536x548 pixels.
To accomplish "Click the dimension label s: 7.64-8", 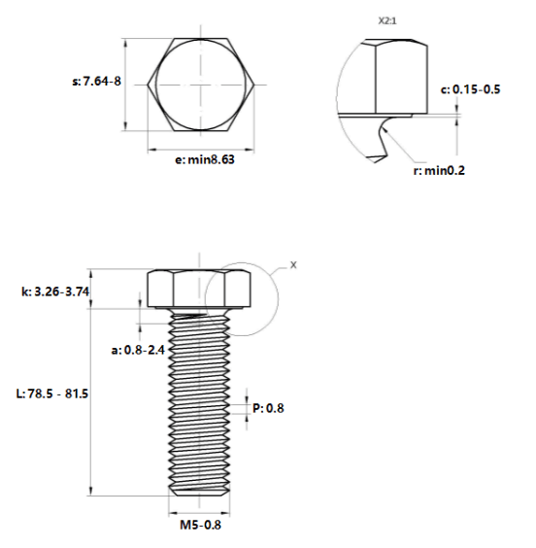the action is pos(97,82).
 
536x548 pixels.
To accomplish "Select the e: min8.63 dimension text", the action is pos(205,160).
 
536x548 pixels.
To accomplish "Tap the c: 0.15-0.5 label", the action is pos(470,89).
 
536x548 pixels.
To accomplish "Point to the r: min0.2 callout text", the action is pos(439,171).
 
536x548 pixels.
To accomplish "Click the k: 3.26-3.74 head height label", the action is pos(55,291).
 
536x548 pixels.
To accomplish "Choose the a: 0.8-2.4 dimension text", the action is pos(138,350).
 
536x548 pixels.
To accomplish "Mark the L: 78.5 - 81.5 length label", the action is pos(52,394).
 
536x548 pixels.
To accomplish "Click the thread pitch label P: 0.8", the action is pos(268,408).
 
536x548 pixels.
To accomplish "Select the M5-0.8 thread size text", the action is pos(200,525).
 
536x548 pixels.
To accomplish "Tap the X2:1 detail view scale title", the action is pos(387,21).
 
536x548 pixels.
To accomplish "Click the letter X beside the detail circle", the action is pos(293,265).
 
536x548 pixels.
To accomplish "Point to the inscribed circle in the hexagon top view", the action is pos(155,85).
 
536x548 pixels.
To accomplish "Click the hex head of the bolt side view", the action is pos(199,289).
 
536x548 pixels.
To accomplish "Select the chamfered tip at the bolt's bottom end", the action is pos(199,492).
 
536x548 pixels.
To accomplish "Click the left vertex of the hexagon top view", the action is pos(148,85).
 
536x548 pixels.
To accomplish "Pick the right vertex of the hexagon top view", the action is pos(254,85).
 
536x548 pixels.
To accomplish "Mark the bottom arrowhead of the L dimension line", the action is pos(90,491).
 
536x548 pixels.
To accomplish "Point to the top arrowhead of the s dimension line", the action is pos(126,44).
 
